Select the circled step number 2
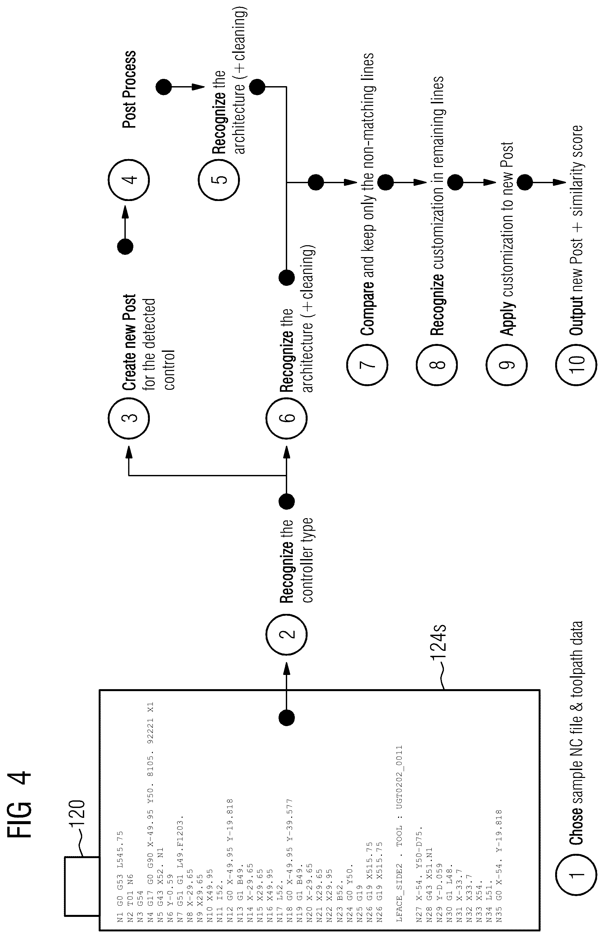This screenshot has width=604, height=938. (286, 634)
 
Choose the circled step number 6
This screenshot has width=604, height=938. (286, 417)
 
